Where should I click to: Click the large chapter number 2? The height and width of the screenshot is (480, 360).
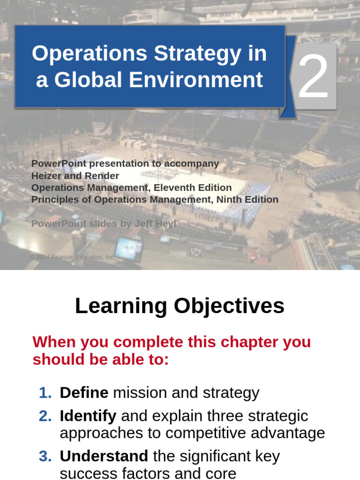coord(314,76)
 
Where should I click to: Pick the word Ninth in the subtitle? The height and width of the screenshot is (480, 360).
coord(228,199)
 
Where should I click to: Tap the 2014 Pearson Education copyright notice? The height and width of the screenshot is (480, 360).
coord(73,257)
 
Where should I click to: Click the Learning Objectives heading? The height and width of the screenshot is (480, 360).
coord(180,306)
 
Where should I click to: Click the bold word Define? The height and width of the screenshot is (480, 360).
coord(84,393)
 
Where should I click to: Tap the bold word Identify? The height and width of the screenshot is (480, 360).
coord(88,416)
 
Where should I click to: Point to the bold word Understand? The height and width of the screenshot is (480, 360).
coord(104,456)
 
